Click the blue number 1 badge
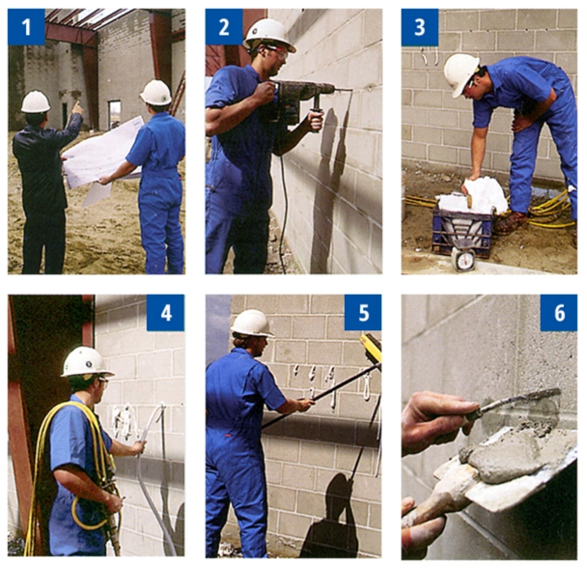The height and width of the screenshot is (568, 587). (26, 27)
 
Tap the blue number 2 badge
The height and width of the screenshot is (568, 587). (224, 27)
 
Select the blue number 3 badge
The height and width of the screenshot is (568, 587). (420, 27)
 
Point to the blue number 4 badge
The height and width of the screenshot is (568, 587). (165, 313)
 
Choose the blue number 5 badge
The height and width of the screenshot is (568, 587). (363, 313)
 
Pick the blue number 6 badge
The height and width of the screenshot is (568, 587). (559, 313)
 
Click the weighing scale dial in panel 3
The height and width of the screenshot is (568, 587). (463, 259)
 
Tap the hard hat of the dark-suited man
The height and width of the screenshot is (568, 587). (36, 101)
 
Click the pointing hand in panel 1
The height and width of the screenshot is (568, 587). (78, 107)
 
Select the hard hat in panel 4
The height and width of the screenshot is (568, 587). (86, 362)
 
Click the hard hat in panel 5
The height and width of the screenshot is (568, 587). (252, 323)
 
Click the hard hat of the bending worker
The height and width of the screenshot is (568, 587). (461, 74)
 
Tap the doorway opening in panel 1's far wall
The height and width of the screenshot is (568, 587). (115, 111)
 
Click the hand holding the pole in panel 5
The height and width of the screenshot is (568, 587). (305, 405)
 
